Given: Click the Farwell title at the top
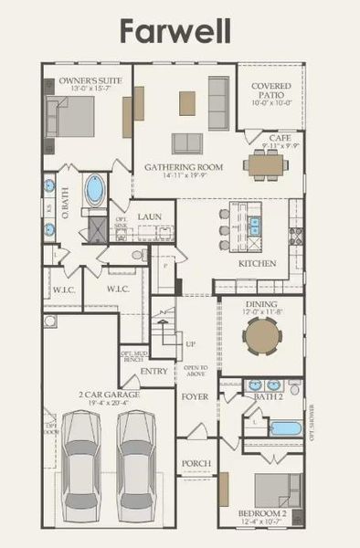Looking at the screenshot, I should pos(180,30).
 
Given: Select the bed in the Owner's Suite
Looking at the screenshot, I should pos(75,116).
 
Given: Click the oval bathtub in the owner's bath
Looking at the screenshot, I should pos(95,192).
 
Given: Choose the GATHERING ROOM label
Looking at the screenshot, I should pos(184,167).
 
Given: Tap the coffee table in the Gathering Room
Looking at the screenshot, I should pos(188,102).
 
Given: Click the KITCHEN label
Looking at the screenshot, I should pos(257,263).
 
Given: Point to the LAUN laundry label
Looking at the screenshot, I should pos(150,216).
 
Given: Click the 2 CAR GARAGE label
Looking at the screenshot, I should pos(108,396).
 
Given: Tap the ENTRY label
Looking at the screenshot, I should pos(154,371).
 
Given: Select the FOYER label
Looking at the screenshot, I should pos(195,397).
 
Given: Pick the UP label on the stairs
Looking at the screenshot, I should pos(190,344).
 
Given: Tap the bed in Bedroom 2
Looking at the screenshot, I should pos(276,491).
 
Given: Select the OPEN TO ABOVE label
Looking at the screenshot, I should pos(196,370).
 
